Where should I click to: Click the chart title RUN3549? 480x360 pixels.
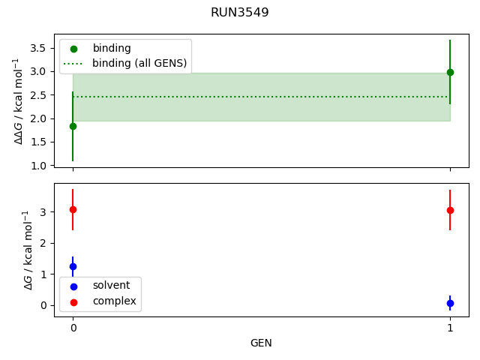240,13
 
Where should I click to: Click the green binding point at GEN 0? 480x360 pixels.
73,126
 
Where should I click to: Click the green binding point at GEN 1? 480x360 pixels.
450,72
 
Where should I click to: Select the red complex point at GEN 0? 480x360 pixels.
73,209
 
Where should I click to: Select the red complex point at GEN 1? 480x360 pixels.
450,210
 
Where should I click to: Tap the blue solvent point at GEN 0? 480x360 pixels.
73,266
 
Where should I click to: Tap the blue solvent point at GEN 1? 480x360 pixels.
450,303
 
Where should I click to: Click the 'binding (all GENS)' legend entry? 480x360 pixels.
139,63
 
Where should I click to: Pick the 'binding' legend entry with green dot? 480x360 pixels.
112,48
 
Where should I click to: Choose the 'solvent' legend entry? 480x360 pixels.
111,286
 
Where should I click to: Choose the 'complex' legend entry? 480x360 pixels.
114,301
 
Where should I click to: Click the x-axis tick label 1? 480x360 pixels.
450,328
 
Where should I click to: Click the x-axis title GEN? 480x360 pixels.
261,343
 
